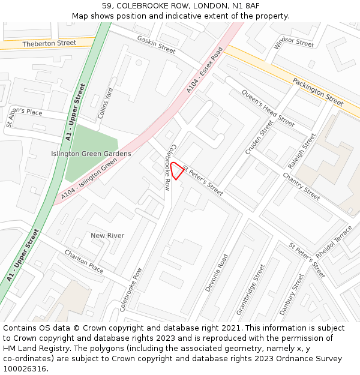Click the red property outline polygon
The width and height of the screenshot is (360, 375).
coord(176,170)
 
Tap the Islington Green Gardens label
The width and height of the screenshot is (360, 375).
coord(91,154)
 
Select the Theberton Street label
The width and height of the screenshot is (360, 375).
coord(49,43)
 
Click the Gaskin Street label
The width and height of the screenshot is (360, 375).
coord(156,44)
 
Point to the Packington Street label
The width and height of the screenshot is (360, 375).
coord(318,91)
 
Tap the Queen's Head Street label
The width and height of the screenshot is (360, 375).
coord(268,108)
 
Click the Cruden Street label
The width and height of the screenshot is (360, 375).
coord(259,137)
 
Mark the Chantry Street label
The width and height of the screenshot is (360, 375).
coord(302,186)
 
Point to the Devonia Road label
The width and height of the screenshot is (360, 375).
coord(217,273)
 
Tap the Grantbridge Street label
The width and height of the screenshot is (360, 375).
coord(250,290)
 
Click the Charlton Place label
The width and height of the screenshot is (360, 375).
coord(84,262)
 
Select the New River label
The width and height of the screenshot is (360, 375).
coord(107,236)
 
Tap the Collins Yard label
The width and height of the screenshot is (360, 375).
coord(106,103)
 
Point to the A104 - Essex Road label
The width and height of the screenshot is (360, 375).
coord(205,70)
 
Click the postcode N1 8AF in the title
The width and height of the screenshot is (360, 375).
coord(246,5)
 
